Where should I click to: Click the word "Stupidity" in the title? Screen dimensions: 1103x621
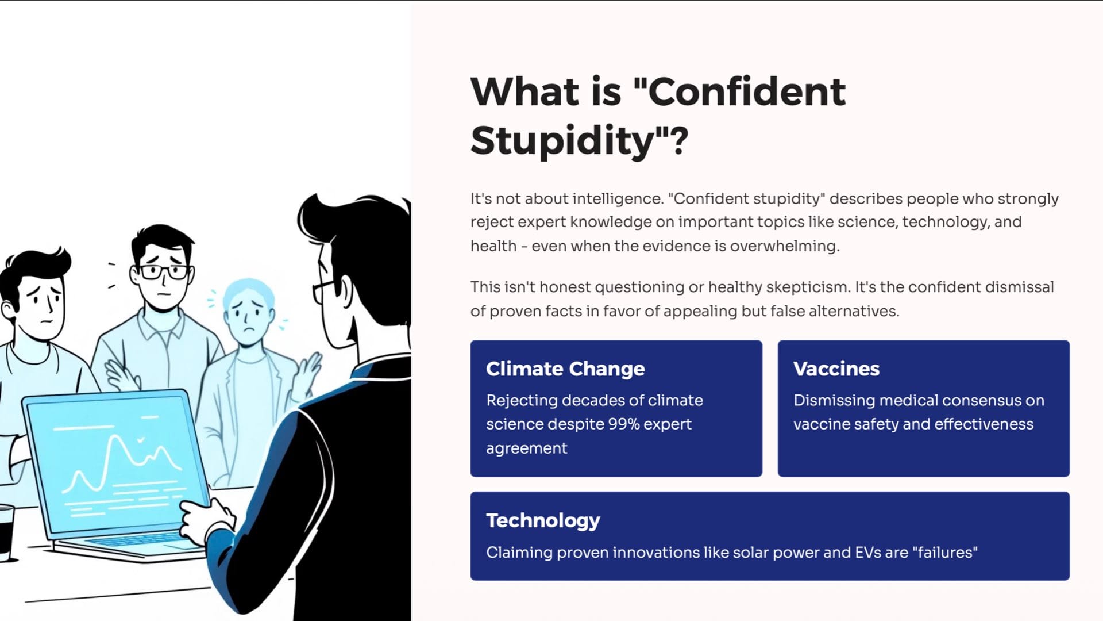(562, 140)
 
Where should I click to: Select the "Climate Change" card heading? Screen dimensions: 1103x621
(565, 369)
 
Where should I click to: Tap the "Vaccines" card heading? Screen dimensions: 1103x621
(836, 369)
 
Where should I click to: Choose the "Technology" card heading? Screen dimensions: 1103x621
(543, 520)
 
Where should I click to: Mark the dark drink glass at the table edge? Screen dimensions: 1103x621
(6, 532)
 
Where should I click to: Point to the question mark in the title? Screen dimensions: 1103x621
(679, 140)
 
